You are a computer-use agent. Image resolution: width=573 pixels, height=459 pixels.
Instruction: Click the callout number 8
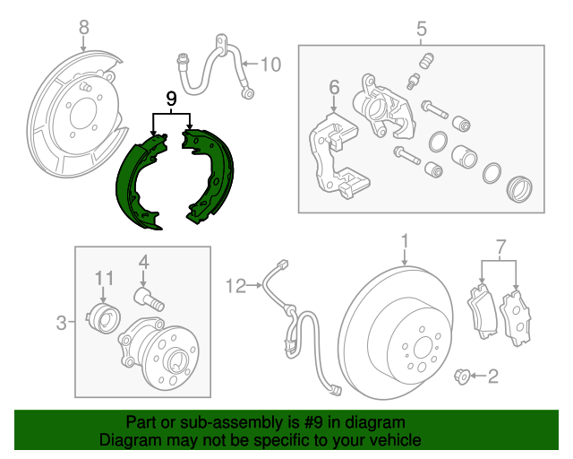pyautogui.click(x=83, y=28)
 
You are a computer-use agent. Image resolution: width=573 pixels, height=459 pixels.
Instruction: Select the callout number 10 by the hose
pyautogui.click(x=270, y=64)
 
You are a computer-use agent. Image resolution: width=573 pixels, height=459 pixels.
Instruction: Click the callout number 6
pyautogui.click(x=334, y=87)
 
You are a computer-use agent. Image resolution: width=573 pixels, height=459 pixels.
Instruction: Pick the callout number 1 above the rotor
pyautogui.click(x=404, y=241)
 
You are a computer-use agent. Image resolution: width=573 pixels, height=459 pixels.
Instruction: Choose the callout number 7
pyautogui.click(x=500, y=245)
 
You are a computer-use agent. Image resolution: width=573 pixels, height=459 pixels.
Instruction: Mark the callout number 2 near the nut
pyautogui.click(x=492, y=377)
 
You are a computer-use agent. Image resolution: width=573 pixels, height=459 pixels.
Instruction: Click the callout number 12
pyautogui.click(x=235, y=287)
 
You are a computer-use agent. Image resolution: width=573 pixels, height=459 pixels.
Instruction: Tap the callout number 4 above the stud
pyautogui.click(x=141, y=263)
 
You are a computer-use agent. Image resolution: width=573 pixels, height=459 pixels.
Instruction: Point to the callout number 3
pyautogui.click(x=62, y=322)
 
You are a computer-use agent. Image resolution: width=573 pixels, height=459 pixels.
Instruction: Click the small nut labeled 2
pyautogui.click(x=462, y=377)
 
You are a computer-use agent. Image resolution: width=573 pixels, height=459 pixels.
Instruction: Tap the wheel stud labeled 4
pyautogui.click(x=146, y=298)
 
